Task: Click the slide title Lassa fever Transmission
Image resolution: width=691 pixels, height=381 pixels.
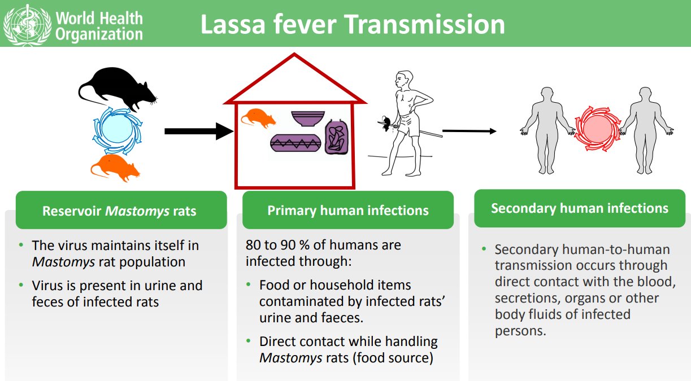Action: pyautogui.click(x=353, y=25)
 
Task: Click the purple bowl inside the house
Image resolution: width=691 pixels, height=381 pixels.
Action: pyautogui.click(x=308, y=118)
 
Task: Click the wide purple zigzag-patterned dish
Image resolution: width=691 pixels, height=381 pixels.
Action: pyautogui.click(x=295, y=143)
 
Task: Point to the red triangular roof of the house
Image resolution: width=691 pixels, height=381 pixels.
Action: pyautogui.click(x=294, y=79)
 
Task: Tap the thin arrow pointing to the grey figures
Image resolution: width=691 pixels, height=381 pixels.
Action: pyautogui.click(x=469, y=131)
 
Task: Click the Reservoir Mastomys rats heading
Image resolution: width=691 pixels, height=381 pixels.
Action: pyautogui.click(x=120, y=211)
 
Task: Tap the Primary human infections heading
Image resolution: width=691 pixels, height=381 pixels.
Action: pyautogui.click(x=348, y=211)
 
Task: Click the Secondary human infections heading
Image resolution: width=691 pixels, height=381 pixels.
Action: pyautogui.click(x=580, y=208)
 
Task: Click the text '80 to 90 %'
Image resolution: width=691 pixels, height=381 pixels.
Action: pyautogui.click(x=277, y=246)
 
